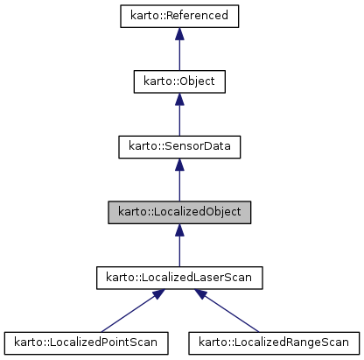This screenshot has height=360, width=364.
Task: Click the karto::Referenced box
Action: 179,16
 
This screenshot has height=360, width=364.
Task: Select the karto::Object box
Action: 179,81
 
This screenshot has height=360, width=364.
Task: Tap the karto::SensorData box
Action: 179,146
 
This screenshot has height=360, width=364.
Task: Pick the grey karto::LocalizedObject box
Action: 179,212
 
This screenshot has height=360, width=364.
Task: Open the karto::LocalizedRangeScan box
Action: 274,342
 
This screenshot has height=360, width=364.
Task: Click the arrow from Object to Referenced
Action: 179,53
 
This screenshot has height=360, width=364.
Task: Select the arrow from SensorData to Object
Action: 179,118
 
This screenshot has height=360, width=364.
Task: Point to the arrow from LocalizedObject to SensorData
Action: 179,184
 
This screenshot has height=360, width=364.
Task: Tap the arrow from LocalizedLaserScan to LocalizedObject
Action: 179,249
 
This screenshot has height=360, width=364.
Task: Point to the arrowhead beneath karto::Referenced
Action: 179,34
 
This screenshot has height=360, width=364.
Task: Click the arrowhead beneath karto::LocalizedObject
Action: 179,230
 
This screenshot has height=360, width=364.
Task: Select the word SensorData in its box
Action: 194,146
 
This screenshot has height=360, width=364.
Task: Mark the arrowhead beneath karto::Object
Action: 179,100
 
